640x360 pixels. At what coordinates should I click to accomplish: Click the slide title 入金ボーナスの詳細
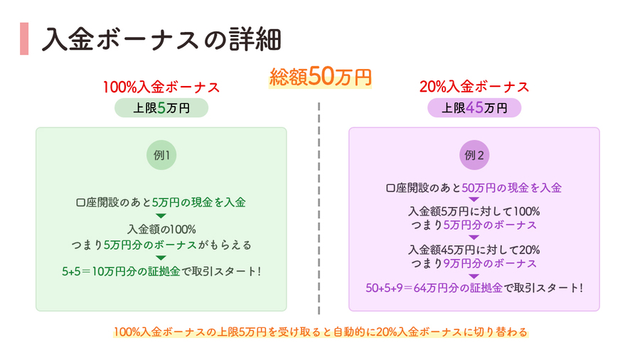161,39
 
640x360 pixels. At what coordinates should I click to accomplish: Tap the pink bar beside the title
24,39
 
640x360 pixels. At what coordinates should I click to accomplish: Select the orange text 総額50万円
321,76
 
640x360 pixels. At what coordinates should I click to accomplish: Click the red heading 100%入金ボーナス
161,87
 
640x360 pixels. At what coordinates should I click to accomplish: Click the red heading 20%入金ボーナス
474,87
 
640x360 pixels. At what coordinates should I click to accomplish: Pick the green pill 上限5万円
161,107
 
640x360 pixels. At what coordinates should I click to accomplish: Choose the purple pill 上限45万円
474,107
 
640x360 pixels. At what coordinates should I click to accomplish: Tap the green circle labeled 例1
161,155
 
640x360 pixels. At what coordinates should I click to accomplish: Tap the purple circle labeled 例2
474,155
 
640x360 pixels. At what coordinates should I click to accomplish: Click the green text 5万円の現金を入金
199,203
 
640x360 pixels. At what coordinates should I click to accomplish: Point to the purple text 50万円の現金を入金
511,188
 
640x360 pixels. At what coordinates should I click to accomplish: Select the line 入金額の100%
161,229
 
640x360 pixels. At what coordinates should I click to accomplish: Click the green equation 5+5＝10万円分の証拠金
121,272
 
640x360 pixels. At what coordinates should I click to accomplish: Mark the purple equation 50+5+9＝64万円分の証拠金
434,287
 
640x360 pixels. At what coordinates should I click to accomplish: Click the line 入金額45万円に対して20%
474,250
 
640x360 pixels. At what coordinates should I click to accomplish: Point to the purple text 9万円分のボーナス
490,263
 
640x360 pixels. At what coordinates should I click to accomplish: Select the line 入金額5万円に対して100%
474,211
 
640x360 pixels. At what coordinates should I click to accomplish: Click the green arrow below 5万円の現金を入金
161,216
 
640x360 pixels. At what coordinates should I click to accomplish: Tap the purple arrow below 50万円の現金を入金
474,200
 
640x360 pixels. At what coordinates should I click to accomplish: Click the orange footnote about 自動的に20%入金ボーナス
321,332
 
